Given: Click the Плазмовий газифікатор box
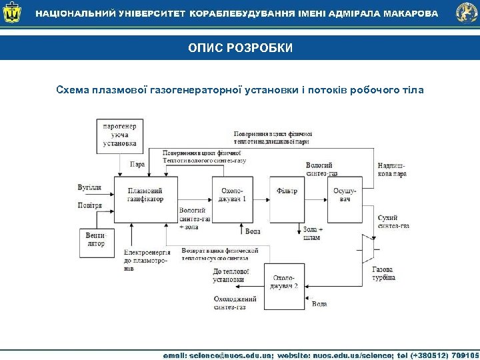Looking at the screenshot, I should pyautogui.click(x=145, y=195).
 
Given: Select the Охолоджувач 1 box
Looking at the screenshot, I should pyautogui.click(x=233, y=195).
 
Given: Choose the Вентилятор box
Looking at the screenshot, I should pyautogui.click(x=97, y=239).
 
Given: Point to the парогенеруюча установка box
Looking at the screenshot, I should pyautogui.click(x=120, y=134).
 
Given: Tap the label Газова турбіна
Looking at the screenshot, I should pyautogui.click(x=385, y=273).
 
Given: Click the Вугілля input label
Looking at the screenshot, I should pyautogui.click(x=89, y=187).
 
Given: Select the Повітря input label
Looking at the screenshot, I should pyautogui.click(x=90, y=205).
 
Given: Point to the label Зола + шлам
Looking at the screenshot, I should pyautogui.click(x=313, y=233).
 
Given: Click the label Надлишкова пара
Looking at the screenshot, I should pyautogui.click(x=391, y=169).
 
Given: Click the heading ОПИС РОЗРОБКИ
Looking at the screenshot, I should pyautogui.click(x=240, y=48).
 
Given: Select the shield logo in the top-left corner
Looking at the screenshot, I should pyautogui.click(x=13, y=13).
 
